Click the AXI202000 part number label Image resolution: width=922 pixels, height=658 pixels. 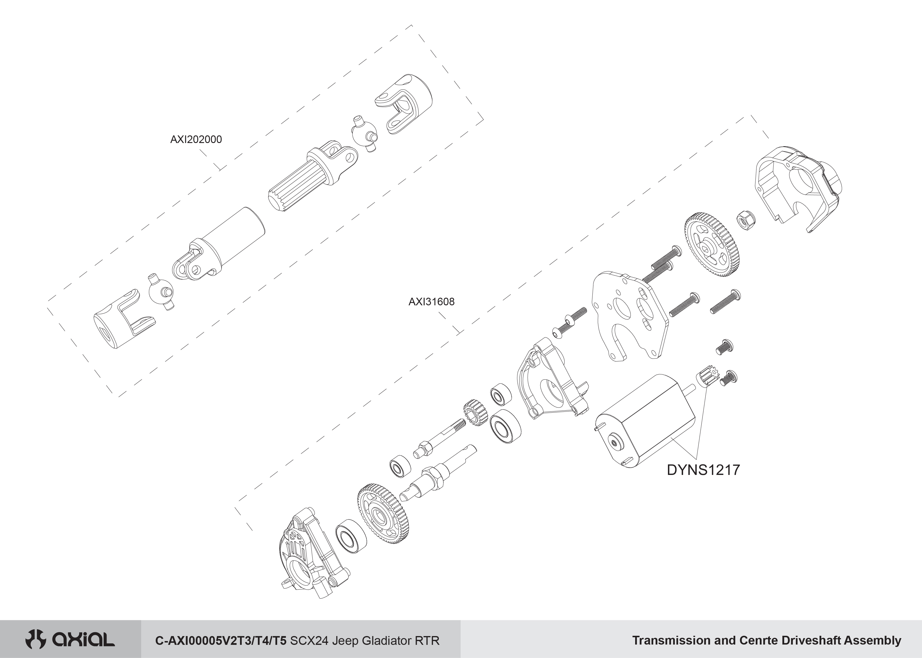tap(196, 139)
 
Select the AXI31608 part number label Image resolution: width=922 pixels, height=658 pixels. tap(431, 302)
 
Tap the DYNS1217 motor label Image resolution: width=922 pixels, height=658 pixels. tap(703, 470)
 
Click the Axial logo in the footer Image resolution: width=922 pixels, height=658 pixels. tap(70, 640)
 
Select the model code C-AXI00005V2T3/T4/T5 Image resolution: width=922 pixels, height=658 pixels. tap(221, 640)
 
